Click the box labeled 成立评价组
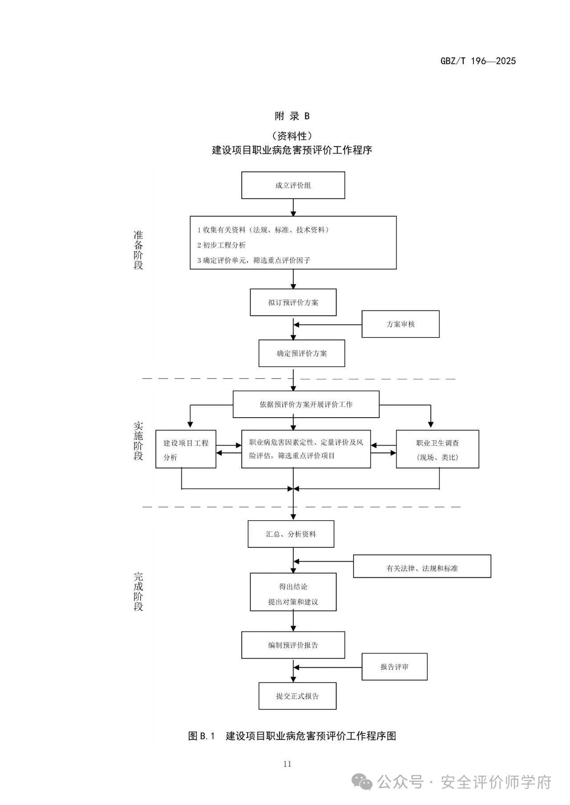click(293, 185)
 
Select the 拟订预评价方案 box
click(293, 302)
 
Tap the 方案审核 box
click(400, 324)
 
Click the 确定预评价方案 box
click(301, 354)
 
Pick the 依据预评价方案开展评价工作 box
click(306, 404)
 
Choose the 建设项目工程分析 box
click(186, 449)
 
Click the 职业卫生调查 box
click(437, 449)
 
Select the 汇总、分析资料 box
click(291, 534)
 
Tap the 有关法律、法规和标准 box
click(422, 568)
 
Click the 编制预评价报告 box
click(293, 645)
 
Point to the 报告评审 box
click(394, 667)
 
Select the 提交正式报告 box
click(297, 696)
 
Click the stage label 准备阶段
click(138, 250)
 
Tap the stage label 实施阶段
click(138, 441)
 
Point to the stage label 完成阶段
click(138, 592)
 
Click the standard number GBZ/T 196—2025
click(478, 61)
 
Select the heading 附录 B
click(292, 116)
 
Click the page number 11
click(287, 764)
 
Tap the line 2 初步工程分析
click(222, 245)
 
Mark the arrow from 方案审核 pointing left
click(327, 324)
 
